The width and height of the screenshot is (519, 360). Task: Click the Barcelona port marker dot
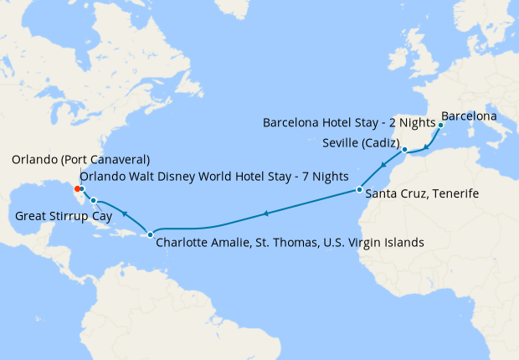(x=440, y=124)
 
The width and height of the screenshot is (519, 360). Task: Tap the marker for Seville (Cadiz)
(x=404, y=151)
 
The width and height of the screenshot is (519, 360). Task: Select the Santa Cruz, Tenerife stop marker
(x=358, y=190)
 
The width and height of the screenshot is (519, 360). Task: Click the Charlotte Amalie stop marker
(x=150, y=234)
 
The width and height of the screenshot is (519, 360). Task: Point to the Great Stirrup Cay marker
(x=94, y=200)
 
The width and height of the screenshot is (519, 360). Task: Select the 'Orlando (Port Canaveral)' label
(x=80, y=159)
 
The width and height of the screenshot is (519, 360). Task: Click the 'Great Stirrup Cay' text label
(x=64, y=218)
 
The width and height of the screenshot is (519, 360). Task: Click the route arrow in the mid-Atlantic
(x=265, y=214)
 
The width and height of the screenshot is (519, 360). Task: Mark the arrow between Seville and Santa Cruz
(x=383, y=167)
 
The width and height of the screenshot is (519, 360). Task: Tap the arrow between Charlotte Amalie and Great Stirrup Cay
(x=124, y=214)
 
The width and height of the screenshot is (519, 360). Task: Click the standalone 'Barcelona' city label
(x=470, y=115)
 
